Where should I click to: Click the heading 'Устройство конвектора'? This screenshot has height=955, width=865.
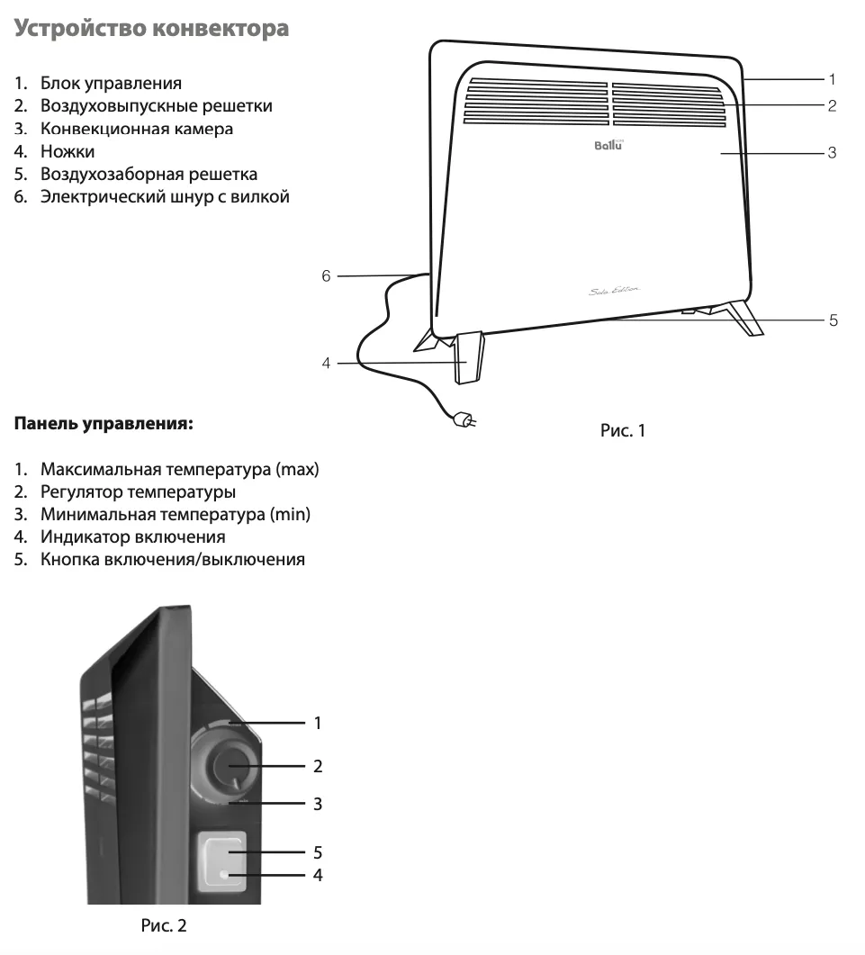click(x=151, y=29)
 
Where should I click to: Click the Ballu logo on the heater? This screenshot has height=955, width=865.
click(x=608, y=145)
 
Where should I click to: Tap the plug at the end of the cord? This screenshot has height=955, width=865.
click(x=464, y=419)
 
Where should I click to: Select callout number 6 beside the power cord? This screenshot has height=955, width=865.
click(x=326, y=276)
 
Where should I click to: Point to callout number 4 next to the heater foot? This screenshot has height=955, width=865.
click(x=326, y=363)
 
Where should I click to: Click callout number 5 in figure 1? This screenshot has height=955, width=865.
click(x=833, y=320)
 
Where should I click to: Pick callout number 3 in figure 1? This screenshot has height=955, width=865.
click(x=832, y=153)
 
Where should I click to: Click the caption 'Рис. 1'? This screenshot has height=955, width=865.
click(x=623, y=430)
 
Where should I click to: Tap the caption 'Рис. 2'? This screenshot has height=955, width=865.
click(x=164, y=926)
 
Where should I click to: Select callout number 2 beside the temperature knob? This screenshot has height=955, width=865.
click(x=318, y=766)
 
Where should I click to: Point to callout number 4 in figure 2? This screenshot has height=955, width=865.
click(x=318, y=875)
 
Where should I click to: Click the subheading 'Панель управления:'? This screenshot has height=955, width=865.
click(x=104, y=423)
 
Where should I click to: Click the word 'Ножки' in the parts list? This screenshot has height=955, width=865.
click(x=68, y=151)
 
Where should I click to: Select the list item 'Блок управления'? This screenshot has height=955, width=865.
click(x=111, y=84)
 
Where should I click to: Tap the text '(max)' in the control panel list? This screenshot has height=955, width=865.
click(x=297, y=470)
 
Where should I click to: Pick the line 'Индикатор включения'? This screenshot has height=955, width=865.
click(x=133, y=537)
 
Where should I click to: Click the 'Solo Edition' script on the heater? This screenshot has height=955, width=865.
click(x=614, y=291)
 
